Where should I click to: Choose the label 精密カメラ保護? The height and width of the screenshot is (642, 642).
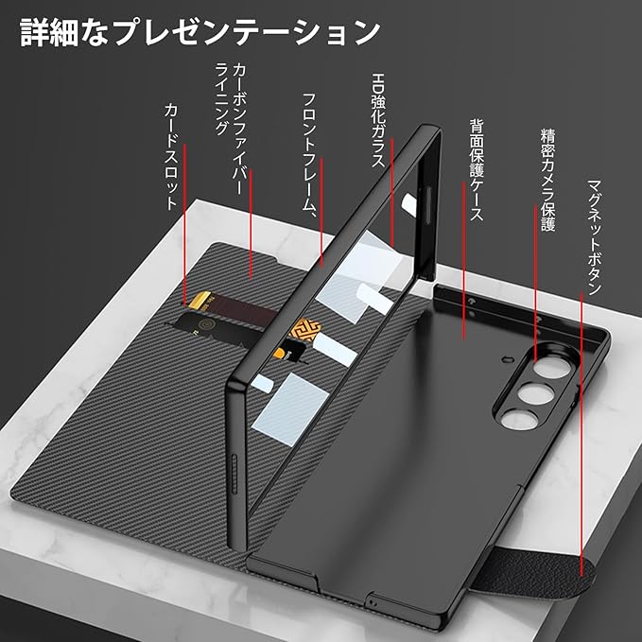547,180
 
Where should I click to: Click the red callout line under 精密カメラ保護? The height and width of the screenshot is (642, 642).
536,293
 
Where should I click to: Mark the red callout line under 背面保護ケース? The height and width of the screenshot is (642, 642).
464,284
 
